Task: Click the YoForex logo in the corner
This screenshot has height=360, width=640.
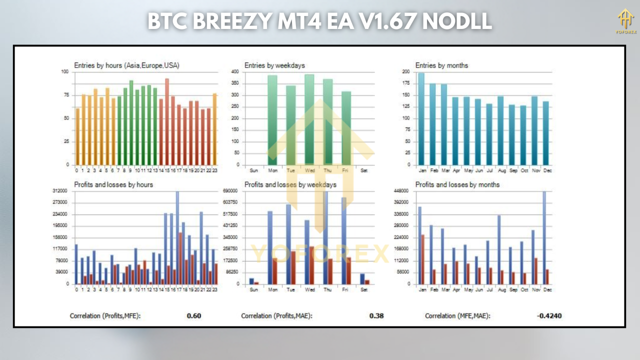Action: (x=625, y=21)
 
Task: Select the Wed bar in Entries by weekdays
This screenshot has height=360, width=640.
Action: (x=309, y=120)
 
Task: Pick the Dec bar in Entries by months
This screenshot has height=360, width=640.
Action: (x=546, y=133)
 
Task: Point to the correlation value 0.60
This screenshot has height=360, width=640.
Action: (x=194, y=316)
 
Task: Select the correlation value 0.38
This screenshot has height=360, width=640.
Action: (x=376, y=316)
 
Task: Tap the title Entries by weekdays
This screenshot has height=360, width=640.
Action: (x=274, y=65)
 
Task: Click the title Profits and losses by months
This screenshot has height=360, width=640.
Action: (x=457, y=185)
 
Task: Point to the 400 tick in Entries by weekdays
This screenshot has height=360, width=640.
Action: (x=234, y=72)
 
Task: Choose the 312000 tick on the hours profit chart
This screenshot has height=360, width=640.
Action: (x=60, y=191)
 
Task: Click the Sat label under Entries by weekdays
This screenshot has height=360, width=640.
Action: (x=364, y=170)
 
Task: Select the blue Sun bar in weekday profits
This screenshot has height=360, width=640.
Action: (x=251, y=281)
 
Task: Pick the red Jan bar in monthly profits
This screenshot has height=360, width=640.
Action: (x=423, y=259)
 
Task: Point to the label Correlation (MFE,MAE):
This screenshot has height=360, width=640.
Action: (x=457, y=316)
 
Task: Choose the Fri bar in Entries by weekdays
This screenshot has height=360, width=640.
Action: (x=346, y=128)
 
